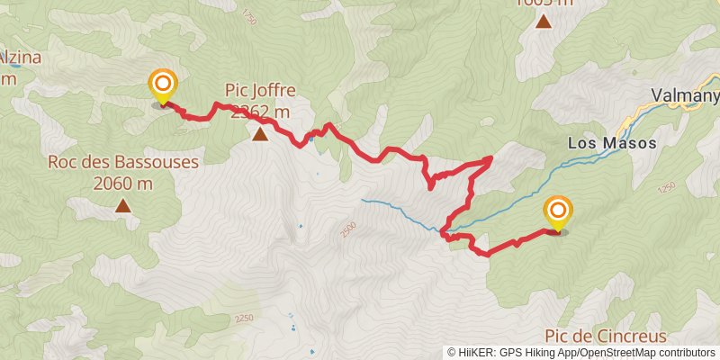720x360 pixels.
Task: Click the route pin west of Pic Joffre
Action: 163,87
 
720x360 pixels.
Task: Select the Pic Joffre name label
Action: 261,91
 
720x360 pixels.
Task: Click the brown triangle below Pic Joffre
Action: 260,135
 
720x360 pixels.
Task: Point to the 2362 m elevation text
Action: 261,112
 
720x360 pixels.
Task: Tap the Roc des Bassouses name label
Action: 122,163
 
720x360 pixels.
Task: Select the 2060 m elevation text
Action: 122,184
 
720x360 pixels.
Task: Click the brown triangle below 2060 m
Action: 122,206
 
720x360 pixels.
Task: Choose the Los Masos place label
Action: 612,143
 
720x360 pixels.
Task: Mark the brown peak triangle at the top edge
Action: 544,21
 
